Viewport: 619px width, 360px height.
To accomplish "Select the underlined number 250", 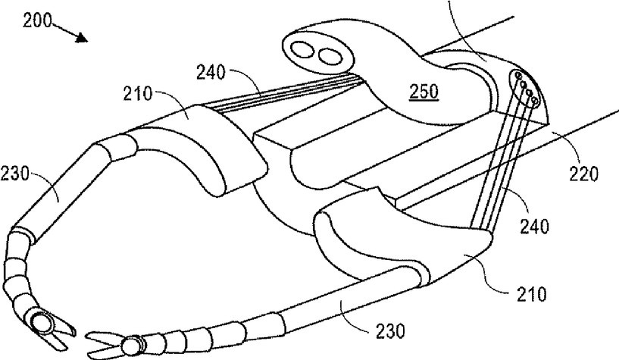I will (421, 92).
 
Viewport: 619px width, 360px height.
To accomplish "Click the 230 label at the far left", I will (17, 176).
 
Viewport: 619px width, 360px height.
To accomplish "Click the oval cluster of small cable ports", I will (526, 86).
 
